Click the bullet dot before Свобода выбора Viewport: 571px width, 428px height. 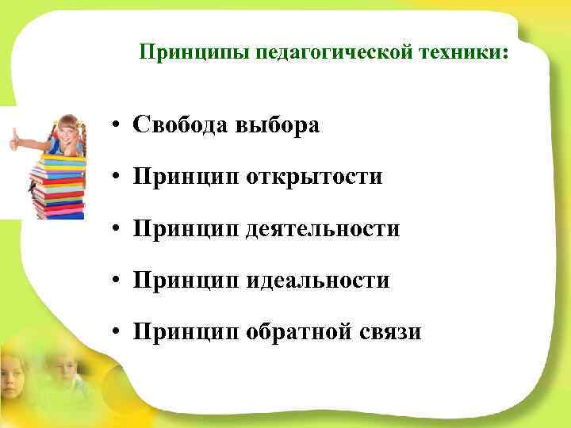pos(116,126)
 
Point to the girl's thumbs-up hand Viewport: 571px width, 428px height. pos(16,141)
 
